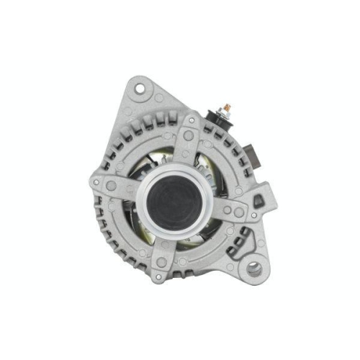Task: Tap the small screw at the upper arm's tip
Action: pyautogui.click(x=192, y=120)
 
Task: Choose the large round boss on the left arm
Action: pyautogui.click(x=111, y=186)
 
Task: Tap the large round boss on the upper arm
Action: pyautogui.click(x=189, y=136)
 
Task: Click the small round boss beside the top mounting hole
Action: pyautogui.click(x=159, y=96)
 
